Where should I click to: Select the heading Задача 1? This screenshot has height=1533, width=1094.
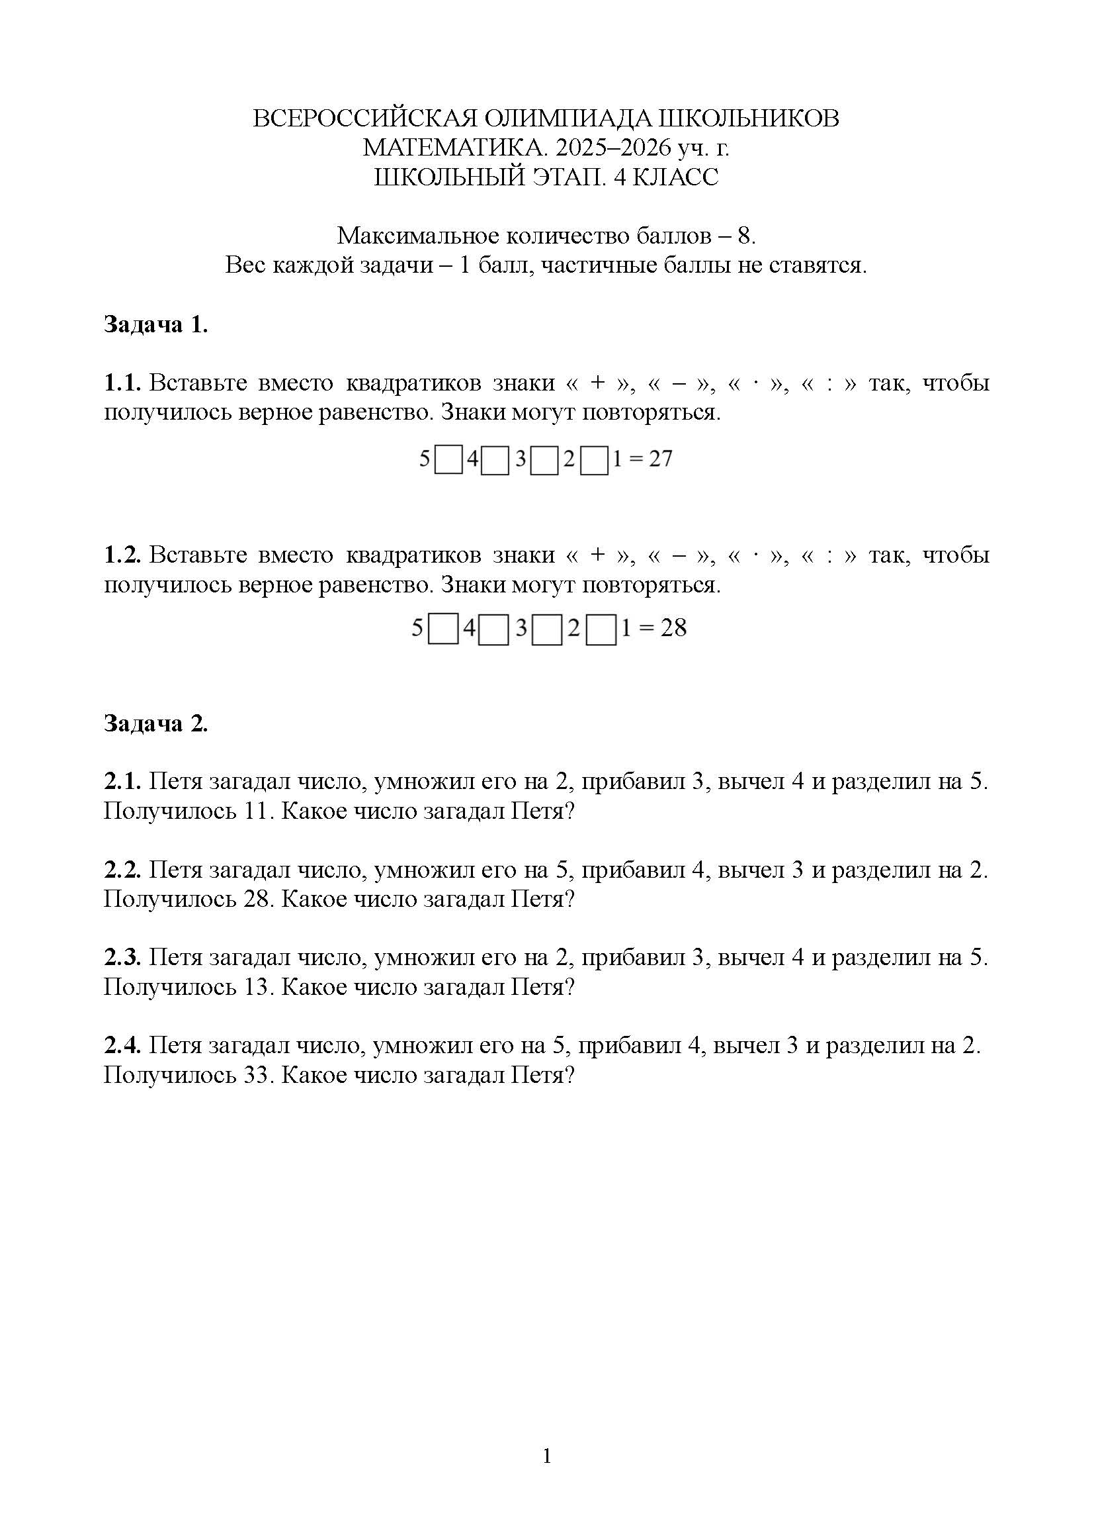(155, 324)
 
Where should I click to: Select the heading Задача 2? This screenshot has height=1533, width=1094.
(155, 723)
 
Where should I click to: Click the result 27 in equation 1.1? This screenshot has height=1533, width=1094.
(660, 459)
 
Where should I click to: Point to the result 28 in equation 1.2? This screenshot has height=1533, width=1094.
(673, 628)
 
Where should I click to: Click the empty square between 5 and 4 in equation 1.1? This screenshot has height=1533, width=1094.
(448, 461)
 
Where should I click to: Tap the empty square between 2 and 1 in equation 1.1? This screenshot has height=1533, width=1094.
(594, 461)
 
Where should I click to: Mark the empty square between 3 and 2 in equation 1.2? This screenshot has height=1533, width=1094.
(547, 630)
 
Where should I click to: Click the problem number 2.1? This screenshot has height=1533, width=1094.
(122, 781)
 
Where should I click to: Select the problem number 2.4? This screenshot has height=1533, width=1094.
(122, 1046)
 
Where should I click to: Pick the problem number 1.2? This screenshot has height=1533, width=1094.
(122, 555)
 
